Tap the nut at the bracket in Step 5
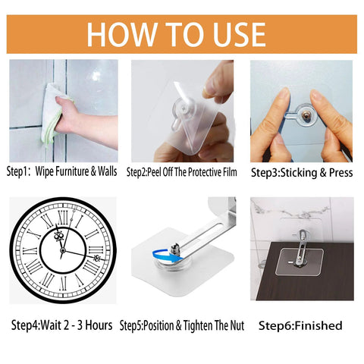[174, 247]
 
